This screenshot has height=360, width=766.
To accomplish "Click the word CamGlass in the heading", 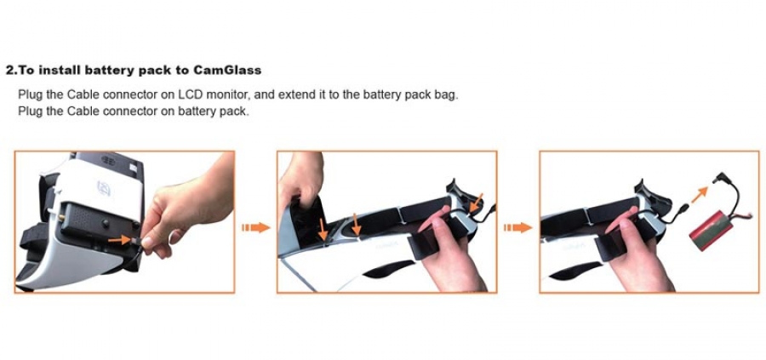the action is (227, 71).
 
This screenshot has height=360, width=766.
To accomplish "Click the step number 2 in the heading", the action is (9, 71).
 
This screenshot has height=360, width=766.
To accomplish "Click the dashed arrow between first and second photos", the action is (255, 227).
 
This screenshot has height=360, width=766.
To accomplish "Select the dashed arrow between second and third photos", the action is (517, 227).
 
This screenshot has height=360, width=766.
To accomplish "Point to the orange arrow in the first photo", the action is (119, 240).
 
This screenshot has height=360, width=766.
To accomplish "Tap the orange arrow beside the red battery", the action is (700, 194).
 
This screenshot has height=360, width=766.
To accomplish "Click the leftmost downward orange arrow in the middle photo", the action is (322, 230).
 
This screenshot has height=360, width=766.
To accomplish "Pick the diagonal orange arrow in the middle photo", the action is (475, 203).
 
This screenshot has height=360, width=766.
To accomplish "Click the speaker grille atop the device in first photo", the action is (108, 160).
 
